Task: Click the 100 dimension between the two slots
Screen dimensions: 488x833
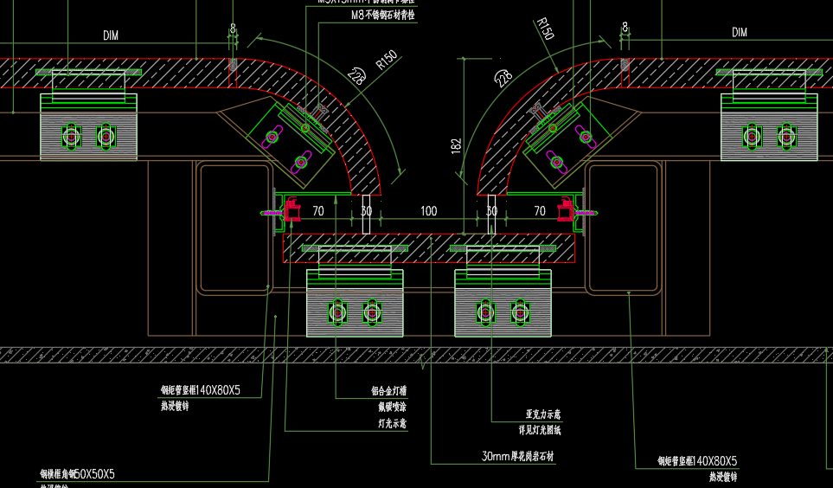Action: coord(429,211)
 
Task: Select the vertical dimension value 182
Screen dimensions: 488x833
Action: coord(457,147)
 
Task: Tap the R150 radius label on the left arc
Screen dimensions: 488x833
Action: coord(386,61)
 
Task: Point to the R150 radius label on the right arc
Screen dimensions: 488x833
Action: coord(544,29)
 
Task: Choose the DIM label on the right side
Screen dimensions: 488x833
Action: coord(740,33)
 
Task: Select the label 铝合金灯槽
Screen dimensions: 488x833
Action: coord(383,390)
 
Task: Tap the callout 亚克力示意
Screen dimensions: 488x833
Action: coord(538,414)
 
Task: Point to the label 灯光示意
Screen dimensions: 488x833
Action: coord(392,424)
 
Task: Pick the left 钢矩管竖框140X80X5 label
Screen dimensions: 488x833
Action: coord(200,391)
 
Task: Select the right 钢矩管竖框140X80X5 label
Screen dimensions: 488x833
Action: coord(697,461)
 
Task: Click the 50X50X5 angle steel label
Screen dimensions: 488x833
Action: coord(77,474)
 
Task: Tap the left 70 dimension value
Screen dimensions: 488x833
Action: coord(318,211)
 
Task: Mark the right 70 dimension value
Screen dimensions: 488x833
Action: coord(540,211)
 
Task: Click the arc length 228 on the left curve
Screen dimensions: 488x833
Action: coord(356,76)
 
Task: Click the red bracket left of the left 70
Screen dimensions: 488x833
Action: coord(292,210)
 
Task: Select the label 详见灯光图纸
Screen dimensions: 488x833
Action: coord(540,430)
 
